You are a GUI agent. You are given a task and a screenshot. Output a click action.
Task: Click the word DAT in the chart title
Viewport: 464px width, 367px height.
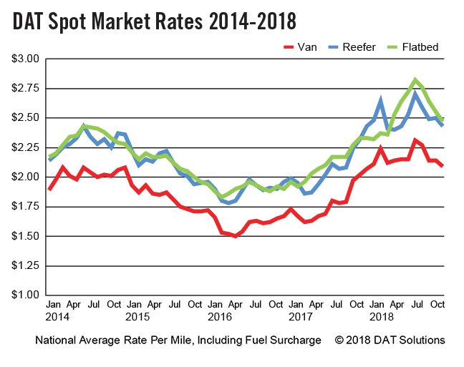(x=31, y=21)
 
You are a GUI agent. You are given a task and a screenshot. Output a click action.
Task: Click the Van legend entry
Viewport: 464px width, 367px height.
(x=301, y=47)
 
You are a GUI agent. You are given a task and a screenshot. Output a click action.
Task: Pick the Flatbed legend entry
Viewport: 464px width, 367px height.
(x=420, y=47)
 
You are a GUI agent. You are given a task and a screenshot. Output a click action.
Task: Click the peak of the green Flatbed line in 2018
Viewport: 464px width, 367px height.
(x=415, y=79)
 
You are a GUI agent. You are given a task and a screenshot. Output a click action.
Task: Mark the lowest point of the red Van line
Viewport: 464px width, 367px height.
(x=234, y=235)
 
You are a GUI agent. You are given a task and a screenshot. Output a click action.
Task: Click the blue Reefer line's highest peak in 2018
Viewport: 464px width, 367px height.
(x=415, y=94)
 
